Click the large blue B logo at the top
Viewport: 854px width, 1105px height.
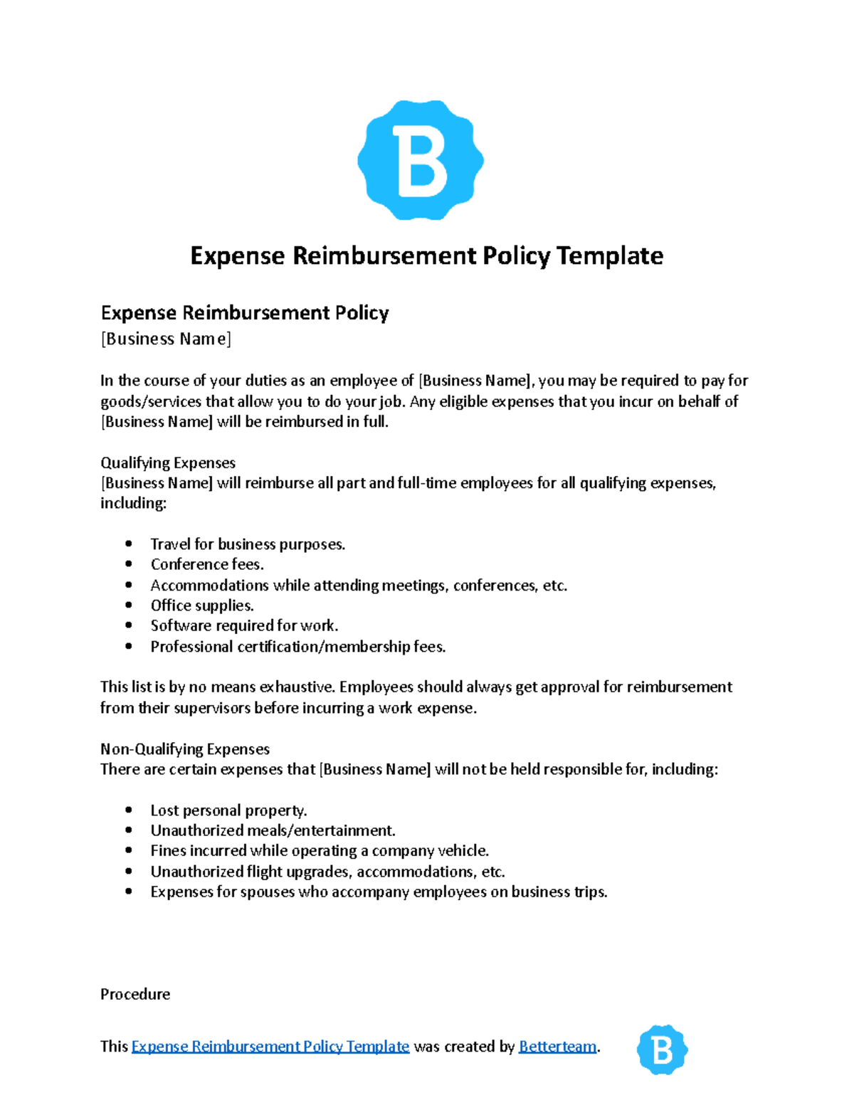coord(421,160)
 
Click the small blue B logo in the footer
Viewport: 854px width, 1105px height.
coord(662,1049)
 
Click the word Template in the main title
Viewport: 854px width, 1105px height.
coord(610,255)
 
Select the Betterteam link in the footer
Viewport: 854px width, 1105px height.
coord(557,1046)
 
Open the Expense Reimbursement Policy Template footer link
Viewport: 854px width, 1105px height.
coord(270,1046)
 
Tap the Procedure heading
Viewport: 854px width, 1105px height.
coord(135,994)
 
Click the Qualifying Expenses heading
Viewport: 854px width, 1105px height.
coord(168,462)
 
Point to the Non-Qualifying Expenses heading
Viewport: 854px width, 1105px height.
coord(185,749)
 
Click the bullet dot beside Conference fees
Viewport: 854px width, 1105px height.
coord(129,564)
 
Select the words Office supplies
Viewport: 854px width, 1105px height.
coord(202,606)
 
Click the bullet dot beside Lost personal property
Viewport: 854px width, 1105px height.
coord(129,810)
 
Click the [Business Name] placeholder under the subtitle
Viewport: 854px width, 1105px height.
coord(166,339)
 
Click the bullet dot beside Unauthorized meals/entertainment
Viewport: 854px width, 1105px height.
coord(129,830)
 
